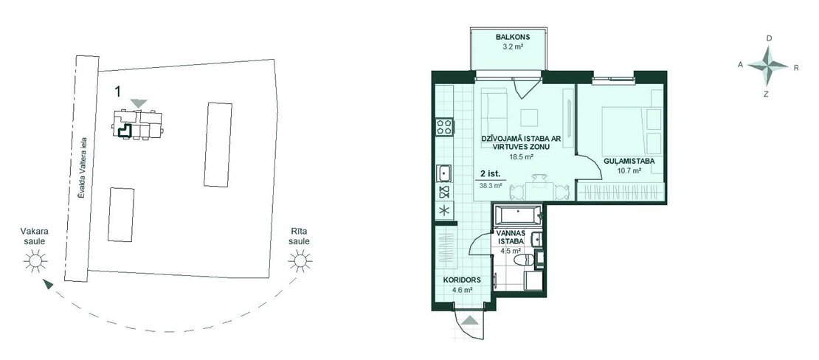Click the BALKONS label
click(513, 37)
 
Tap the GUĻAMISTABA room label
click(629, 162)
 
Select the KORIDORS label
click(462, 280)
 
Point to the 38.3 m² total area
click(491, 185)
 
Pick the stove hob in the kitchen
click(445, 127)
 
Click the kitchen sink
click(445, 173)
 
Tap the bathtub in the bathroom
click(516, 214)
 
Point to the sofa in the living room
click(494, 110)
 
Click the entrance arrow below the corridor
click(469, 321)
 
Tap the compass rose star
click(768, 66)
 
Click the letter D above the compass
click(769, 38)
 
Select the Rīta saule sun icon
click(300, 260)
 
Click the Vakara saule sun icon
click(35, 260)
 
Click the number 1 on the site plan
click(118, 91)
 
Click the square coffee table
click(530, 117)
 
